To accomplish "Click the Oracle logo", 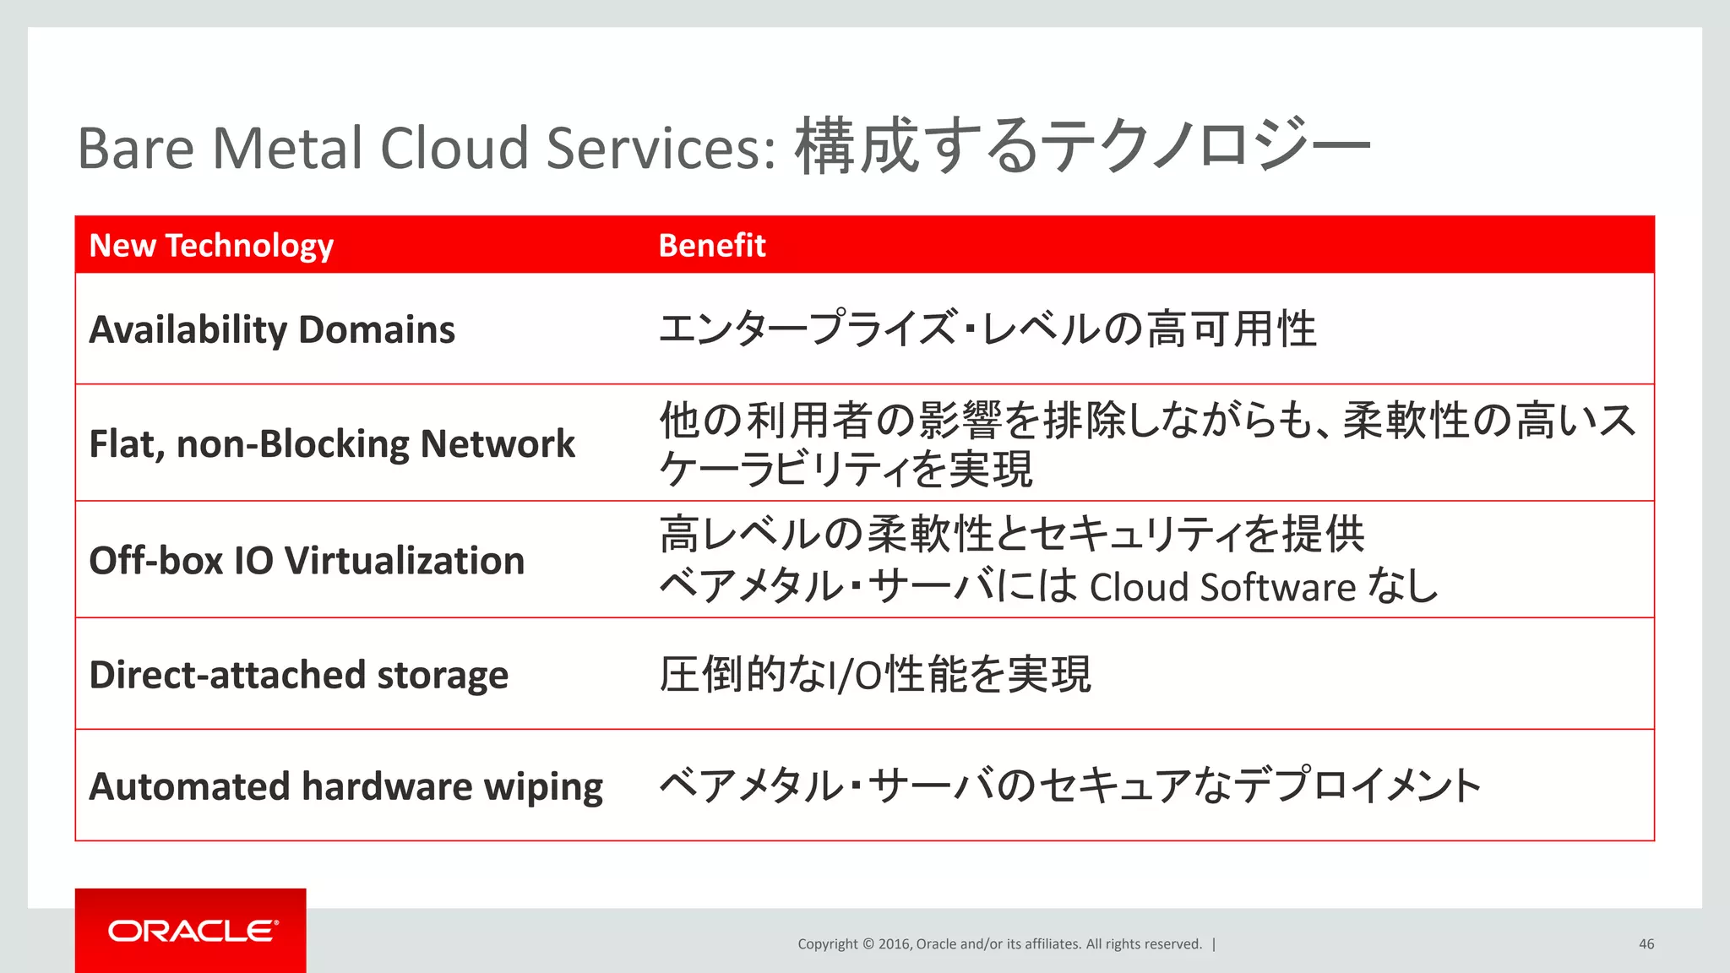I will click(x=192, y=931).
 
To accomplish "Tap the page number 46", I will click(x=1646, y=944).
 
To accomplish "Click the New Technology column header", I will click(x=211, y=245).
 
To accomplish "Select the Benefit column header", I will click(x=711, y=245).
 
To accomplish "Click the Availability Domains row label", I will click(x=272, y=329).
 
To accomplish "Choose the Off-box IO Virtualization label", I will click(x=307, y=561).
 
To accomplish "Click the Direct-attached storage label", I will click(x=298, y=675).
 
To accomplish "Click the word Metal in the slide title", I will click(x=287, y=148).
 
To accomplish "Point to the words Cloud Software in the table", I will click(x=1222, y=587).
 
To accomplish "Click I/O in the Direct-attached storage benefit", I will click(x=854, y=676).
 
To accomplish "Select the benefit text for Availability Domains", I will click(x=987, y=329).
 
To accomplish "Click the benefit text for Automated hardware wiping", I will click(x=1069, y=785).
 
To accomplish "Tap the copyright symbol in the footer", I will click(x=867, y=944).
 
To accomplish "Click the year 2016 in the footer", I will click(x=894, y=944).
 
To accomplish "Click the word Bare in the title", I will click(x=136, y=148).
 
